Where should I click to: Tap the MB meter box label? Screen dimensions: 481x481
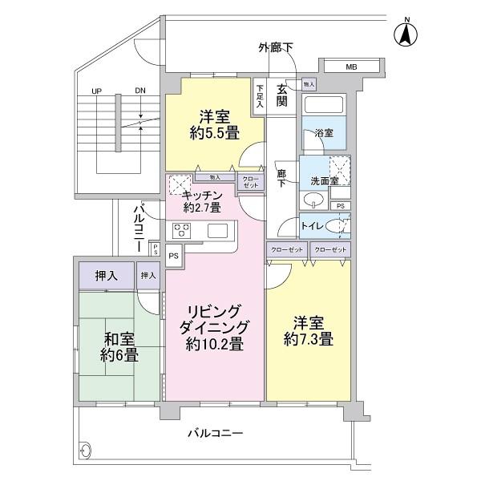pyautogui.click(x=350, y=67)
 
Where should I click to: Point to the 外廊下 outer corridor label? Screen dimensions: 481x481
pyautogui.click(x=275, y=48)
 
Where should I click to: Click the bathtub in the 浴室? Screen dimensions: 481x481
pyautogui.click(x=323, y=105)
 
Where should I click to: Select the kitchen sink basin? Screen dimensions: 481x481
pyautogui.click(x=217, y=231)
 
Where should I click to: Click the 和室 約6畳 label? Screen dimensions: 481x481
pyautogui.click(x=119, y=346)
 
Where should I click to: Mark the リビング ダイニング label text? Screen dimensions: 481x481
pyautogui.click(x=214, y=319)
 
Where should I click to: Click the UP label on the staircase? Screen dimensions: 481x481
pyautogui.click(x=96, y=91)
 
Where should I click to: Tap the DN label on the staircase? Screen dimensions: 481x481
pyautogui.click(x=140, y=91)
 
